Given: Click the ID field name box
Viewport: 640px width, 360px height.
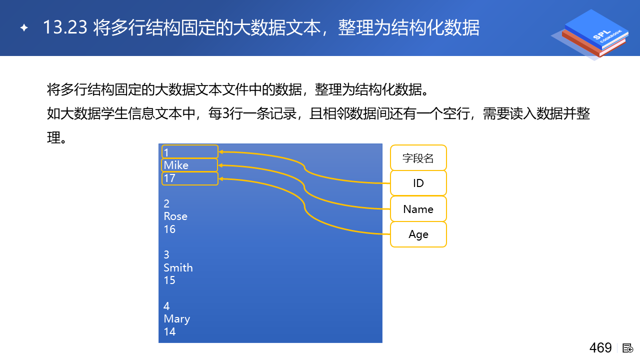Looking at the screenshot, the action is coord(418,183).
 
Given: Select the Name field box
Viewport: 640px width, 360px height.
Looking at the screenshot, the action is coord(418,209).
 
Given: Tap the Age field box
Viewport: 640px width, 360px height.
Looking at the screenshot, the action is coord(418,234).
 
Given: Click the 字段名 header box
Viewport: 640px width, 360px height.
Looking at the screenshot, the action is coord(418,158).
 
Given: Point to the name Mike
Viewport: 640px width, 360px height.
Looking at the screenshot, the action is coord(176,165).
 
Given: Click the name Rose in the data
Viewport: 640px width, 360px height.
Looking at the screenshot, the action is coord(175,216).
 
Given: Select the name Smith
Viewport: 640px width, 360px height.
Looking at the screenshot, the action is coord(178,267).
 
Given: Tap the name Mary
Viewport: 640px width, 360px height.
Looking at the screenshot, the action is coord(177,319).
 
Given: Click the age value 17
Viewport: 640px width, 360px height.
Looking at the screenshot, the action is coord(169,178).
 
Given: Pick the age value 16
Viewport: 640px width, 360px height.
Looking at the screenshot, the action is coord(169,229).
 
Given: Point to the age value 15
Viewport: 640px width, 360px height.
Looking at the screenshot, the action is coord(169,280).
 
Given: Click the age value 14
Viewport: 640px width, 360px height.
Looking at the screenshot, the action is coord(169,331).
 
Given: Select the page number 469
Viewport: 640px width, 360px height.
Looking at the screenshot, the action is coord(600,348).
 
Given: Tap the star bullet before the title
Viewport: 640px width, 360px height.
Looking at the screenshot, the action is coord(24,27).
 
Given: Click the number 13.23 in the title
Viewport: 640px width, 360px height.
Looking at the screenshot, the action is coord(65,27).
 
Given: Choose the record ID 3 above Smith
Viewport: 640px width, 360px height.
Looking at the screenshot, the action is coord(166,254).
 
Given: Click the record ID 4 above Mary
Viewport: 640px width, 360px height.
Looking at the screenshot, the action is coord(166,306).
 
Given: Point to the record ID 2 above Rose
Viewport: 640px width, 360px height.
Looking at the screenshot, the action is coord(166,203).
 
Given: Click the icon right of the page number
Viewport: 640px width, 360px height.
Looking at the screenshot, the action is coord(627,348).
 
